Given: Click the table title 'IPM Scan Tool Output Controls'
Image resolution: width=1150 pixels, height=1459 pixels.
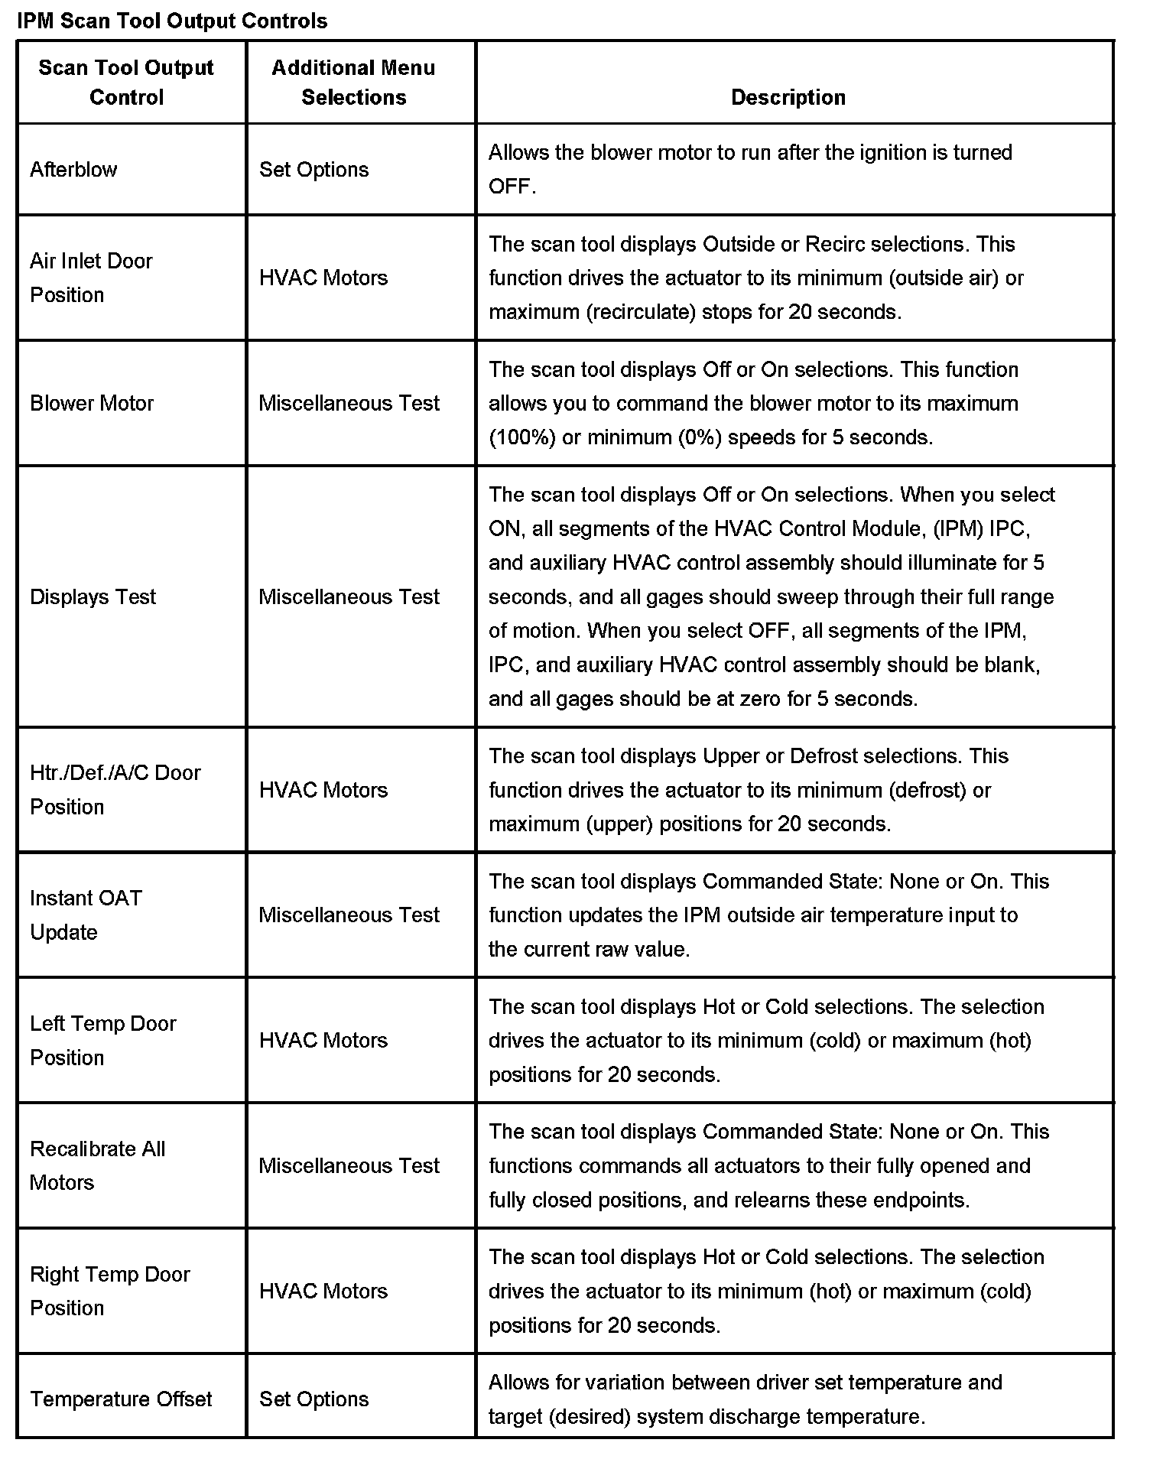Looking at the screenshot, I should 172,21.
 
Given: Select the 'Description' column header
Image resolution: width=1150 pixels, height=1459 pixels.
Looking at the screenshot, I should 788,97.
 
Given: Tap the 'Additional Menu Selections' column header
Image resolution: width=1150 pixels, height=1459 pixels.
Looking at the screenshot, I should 353,82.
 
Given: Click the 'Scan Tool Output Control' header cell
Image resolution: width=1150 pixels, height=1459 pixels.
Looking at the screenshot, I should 126,82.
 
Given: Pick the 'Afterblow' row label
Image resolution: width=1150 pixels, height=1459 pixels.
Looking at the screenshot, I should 73,169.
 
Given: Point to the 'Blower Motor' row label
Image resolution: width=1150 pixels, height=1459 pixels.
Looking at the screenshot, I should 92,403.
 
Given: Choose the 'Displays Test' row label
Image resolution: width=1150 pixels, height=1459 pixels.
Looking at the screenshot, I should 93,596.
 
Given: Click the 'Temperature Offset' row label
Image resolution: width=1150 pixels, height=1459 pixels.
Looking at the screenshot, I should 121,1399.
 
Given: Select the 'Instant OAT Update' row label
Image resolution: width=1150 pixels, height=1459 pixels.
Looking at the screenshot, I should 86,915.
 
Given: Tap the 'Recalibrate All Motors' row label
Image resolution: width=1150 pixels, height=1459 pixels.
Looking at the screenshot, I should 97,1165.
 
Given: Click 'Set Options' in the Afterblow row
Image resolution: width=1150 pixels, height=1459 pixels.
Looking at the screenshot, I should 313,169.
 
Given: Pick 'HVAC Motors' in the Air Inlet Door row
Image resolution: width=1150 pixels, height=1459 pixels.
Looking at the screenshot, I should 323,278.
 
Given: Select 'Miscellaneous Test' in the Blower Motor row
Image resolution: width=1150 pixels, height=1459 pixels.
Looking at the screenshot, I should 349,403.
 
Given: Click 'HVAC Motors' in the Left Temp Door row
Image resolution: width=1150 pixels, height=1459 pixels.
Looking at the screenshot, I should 323,1040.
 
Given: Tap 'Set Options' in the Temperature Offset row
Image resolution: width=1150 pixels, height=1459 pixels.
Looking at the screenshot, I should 313,1399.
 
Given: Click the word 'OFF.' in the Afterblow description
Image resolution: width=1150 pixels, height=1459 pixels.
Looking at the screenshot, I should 512,187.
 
